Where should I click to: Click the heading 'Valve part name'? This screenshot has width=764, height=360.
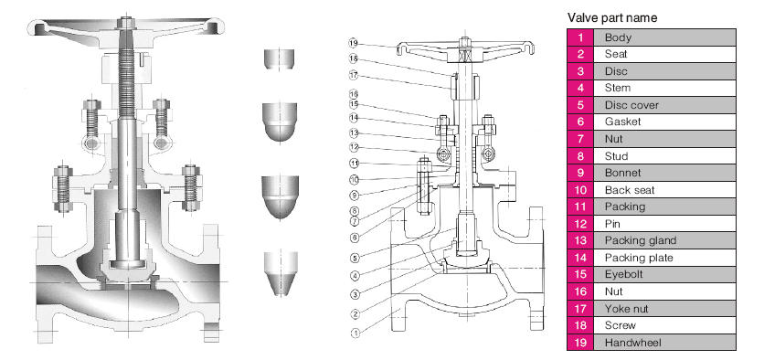(612, 18)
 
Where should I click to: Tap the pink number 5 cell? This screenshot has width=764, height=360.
(580, 105)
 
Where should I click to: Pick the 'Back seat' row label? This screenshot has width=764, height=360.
(630, 190)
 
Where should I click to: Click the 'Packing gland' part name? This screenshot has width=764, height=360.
(641, 240)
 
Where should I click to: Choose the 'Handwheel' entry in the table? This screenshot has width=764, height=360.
(633, 343)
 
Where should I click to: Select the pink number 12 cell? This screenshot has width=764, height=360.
(580, 224)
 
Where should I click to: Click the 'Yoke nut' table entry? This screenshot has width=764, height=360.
(626, 309)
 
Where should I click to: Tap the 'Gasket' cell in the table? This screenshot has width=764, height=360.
(622, 122)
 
